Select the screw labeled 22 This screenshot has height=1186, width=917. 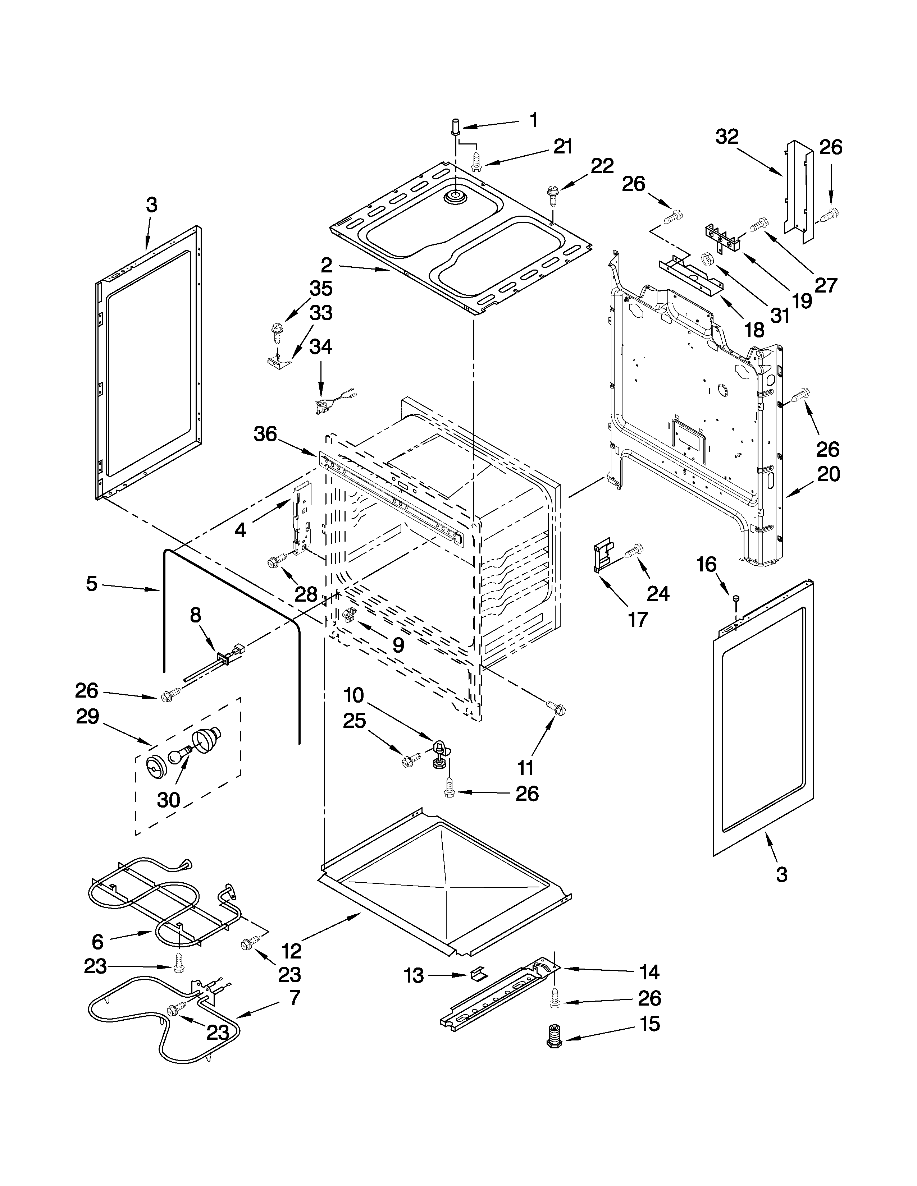[553, 194]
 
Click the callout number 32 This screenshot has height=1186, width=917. [727, 137]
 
